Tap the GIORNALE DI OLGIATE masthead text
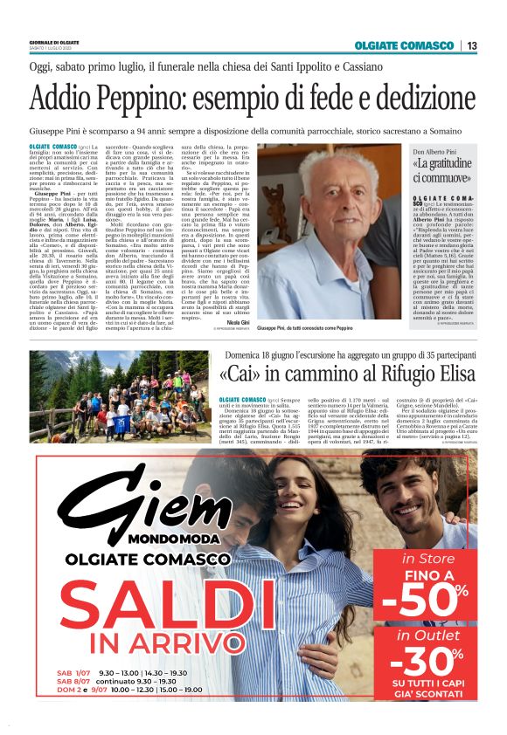[55, 42]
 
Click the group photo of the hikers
[113, 409]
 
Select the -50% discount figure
[426, 603]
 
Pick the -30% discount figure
[426, 665]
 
